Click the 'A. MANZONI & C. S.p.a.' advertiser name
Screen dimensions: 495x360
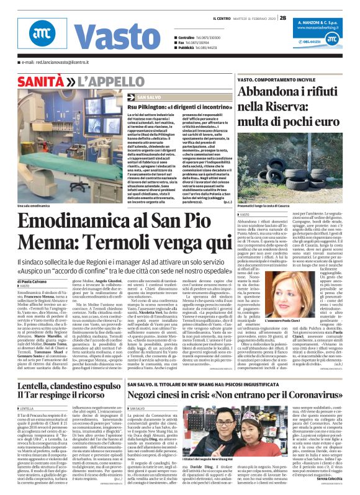click(320, 20)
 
